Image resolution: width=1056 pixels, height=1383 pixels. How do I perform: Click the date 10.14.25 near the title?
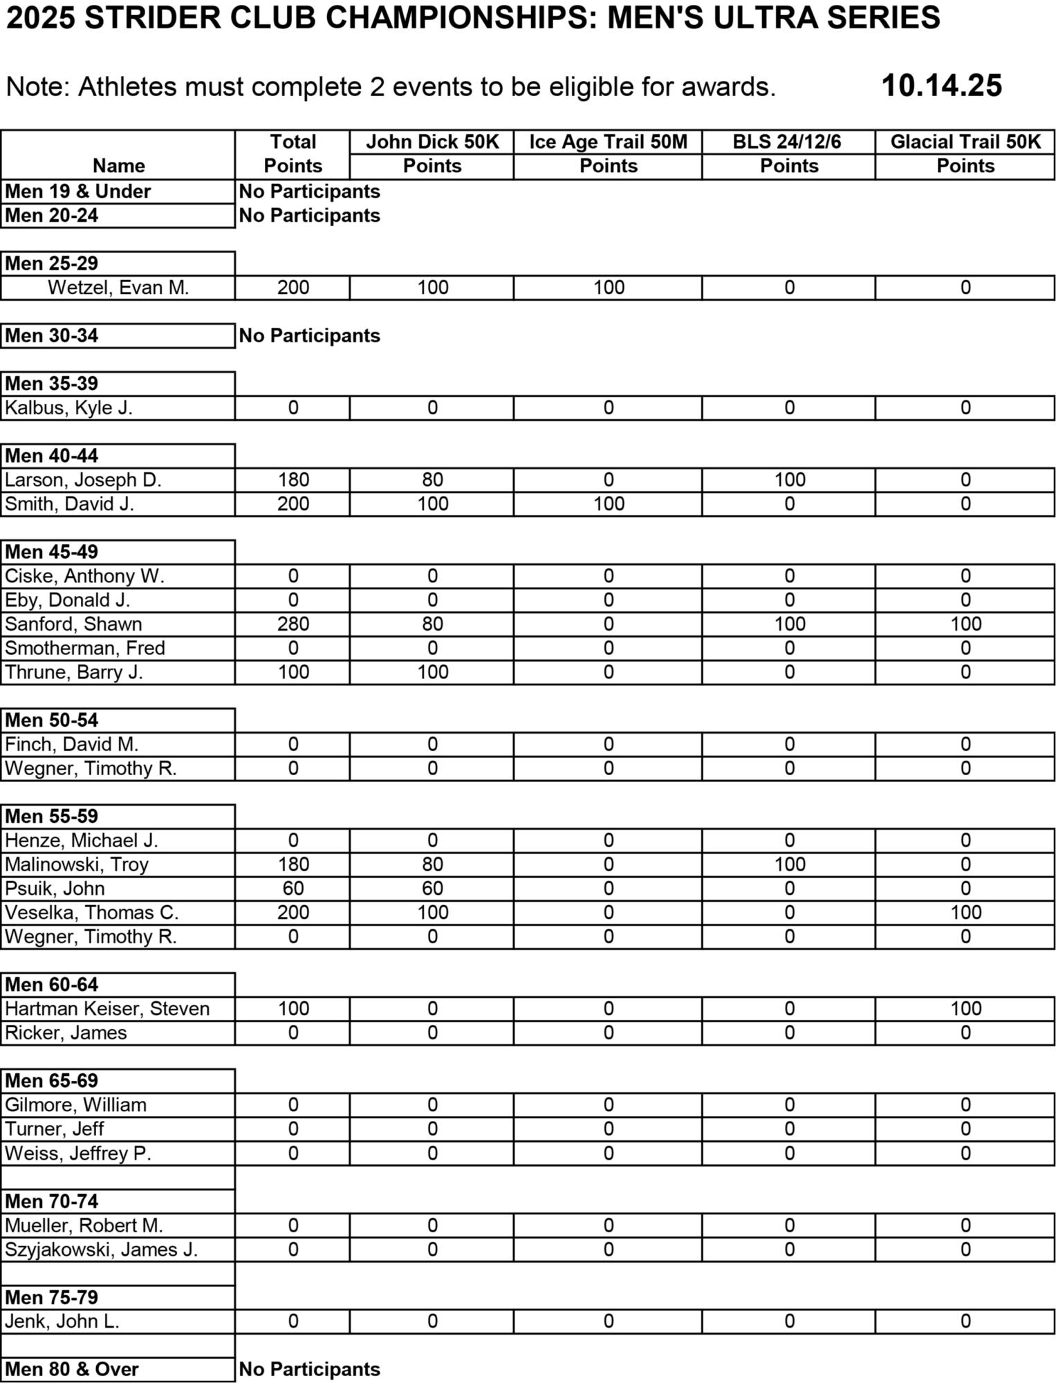[x=941, y=86]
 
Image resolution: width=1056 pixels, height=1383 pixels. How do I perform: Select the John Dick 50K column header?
[x=432, y=142]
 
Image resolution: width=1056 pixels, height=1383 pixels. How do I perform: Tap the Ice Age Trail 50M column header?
[x=608, y=142]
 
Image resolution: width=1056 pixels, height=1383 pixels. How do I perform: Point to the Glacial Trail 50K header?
[x=965, y=142]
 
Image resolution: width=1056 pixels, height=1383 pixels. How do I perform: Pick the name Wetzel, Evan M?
[x=118, y=288]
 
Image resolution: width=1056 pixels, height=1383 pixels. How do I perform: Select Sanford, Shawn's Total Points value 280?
[x=293, y=624]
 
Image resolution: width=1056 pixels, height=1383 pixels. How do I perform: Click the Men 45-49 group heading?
[x=52, y=552]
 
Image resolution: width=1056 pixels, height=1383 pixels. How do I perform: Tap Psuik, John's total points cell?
[x=293, y=889]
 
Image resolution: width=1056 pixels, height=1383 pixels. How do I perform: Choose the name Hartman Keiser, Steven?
[x=107, y=1009]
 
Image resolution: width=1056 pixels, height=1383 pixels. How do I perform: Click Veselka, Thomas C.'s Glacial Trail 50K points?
[x=965, y=913]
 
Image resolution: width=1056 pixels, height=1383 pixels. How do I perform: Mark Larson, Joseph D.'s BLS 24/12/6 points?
[x=790, y=480]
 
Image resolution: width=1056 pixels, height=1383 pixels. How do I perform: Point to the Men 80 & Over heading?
[x=72, y=1369]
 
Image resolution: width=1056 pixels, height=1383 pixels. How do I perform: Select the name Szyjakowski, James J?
[x=102, y=1250]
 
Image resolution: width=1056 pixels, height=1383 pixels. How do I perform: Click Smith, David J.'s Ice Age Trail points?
[x=609, y=504]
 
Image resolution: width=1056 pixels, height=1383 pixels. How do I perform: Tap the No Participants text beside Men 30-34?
[x=309, y=336]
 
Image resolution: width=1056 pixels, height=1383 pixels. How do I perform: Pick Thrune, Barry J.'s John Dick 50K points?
[x=433, y=672]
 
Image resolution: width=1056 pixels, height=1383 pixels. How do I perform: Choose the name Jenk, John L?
[x=62, y=1321]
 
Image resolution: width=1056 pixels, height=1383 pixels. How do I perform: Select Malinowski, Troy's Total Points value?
[x=293, y=864]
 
